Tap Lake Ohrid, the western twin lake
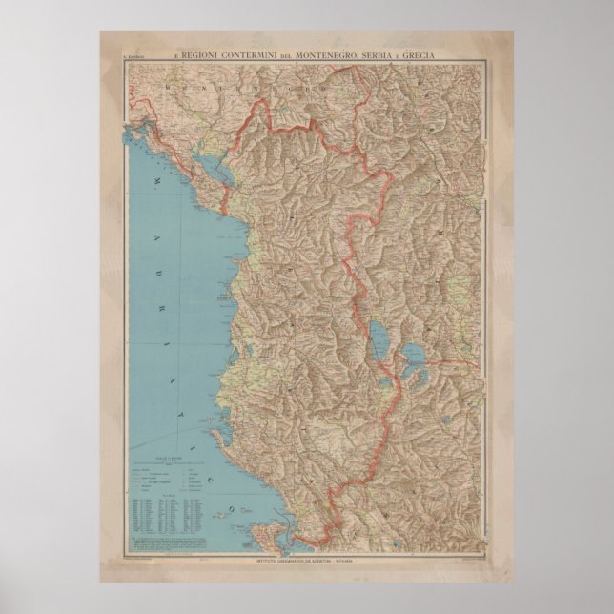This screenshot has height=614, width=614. coord(380,337)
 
